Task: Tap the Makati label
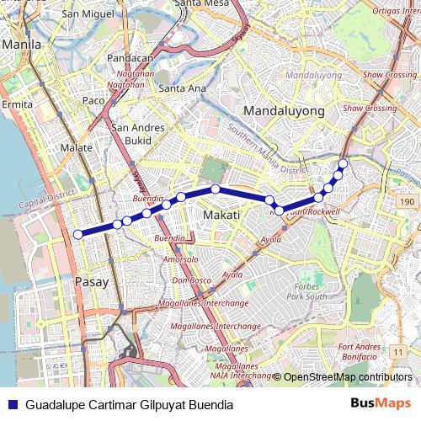click(222, 216)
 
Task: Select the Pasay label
click(92, 282)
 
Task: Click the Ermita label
click(17, 104)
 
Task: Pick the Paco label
click(93, 101)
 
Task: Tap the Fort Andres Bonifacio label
click(360, 351)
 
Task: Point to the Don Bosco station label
click(190, 280)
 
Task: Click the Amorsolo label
click(180, 259)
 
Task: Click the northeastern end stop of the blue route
click(343, 163)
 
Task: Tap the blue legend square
click(12, 404)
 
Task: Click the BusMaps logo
click(380, 404)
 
